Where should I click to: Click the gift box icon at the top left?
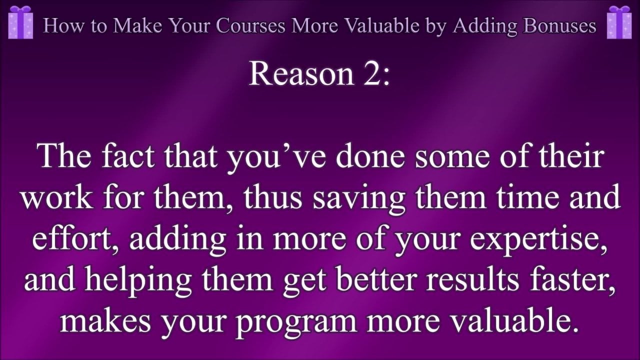coord(20,22)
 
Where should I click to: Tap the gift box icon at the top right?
coord(619,22)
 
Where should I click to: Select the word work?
coord(57,197)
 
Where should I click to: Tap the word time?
coord(527,197)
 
